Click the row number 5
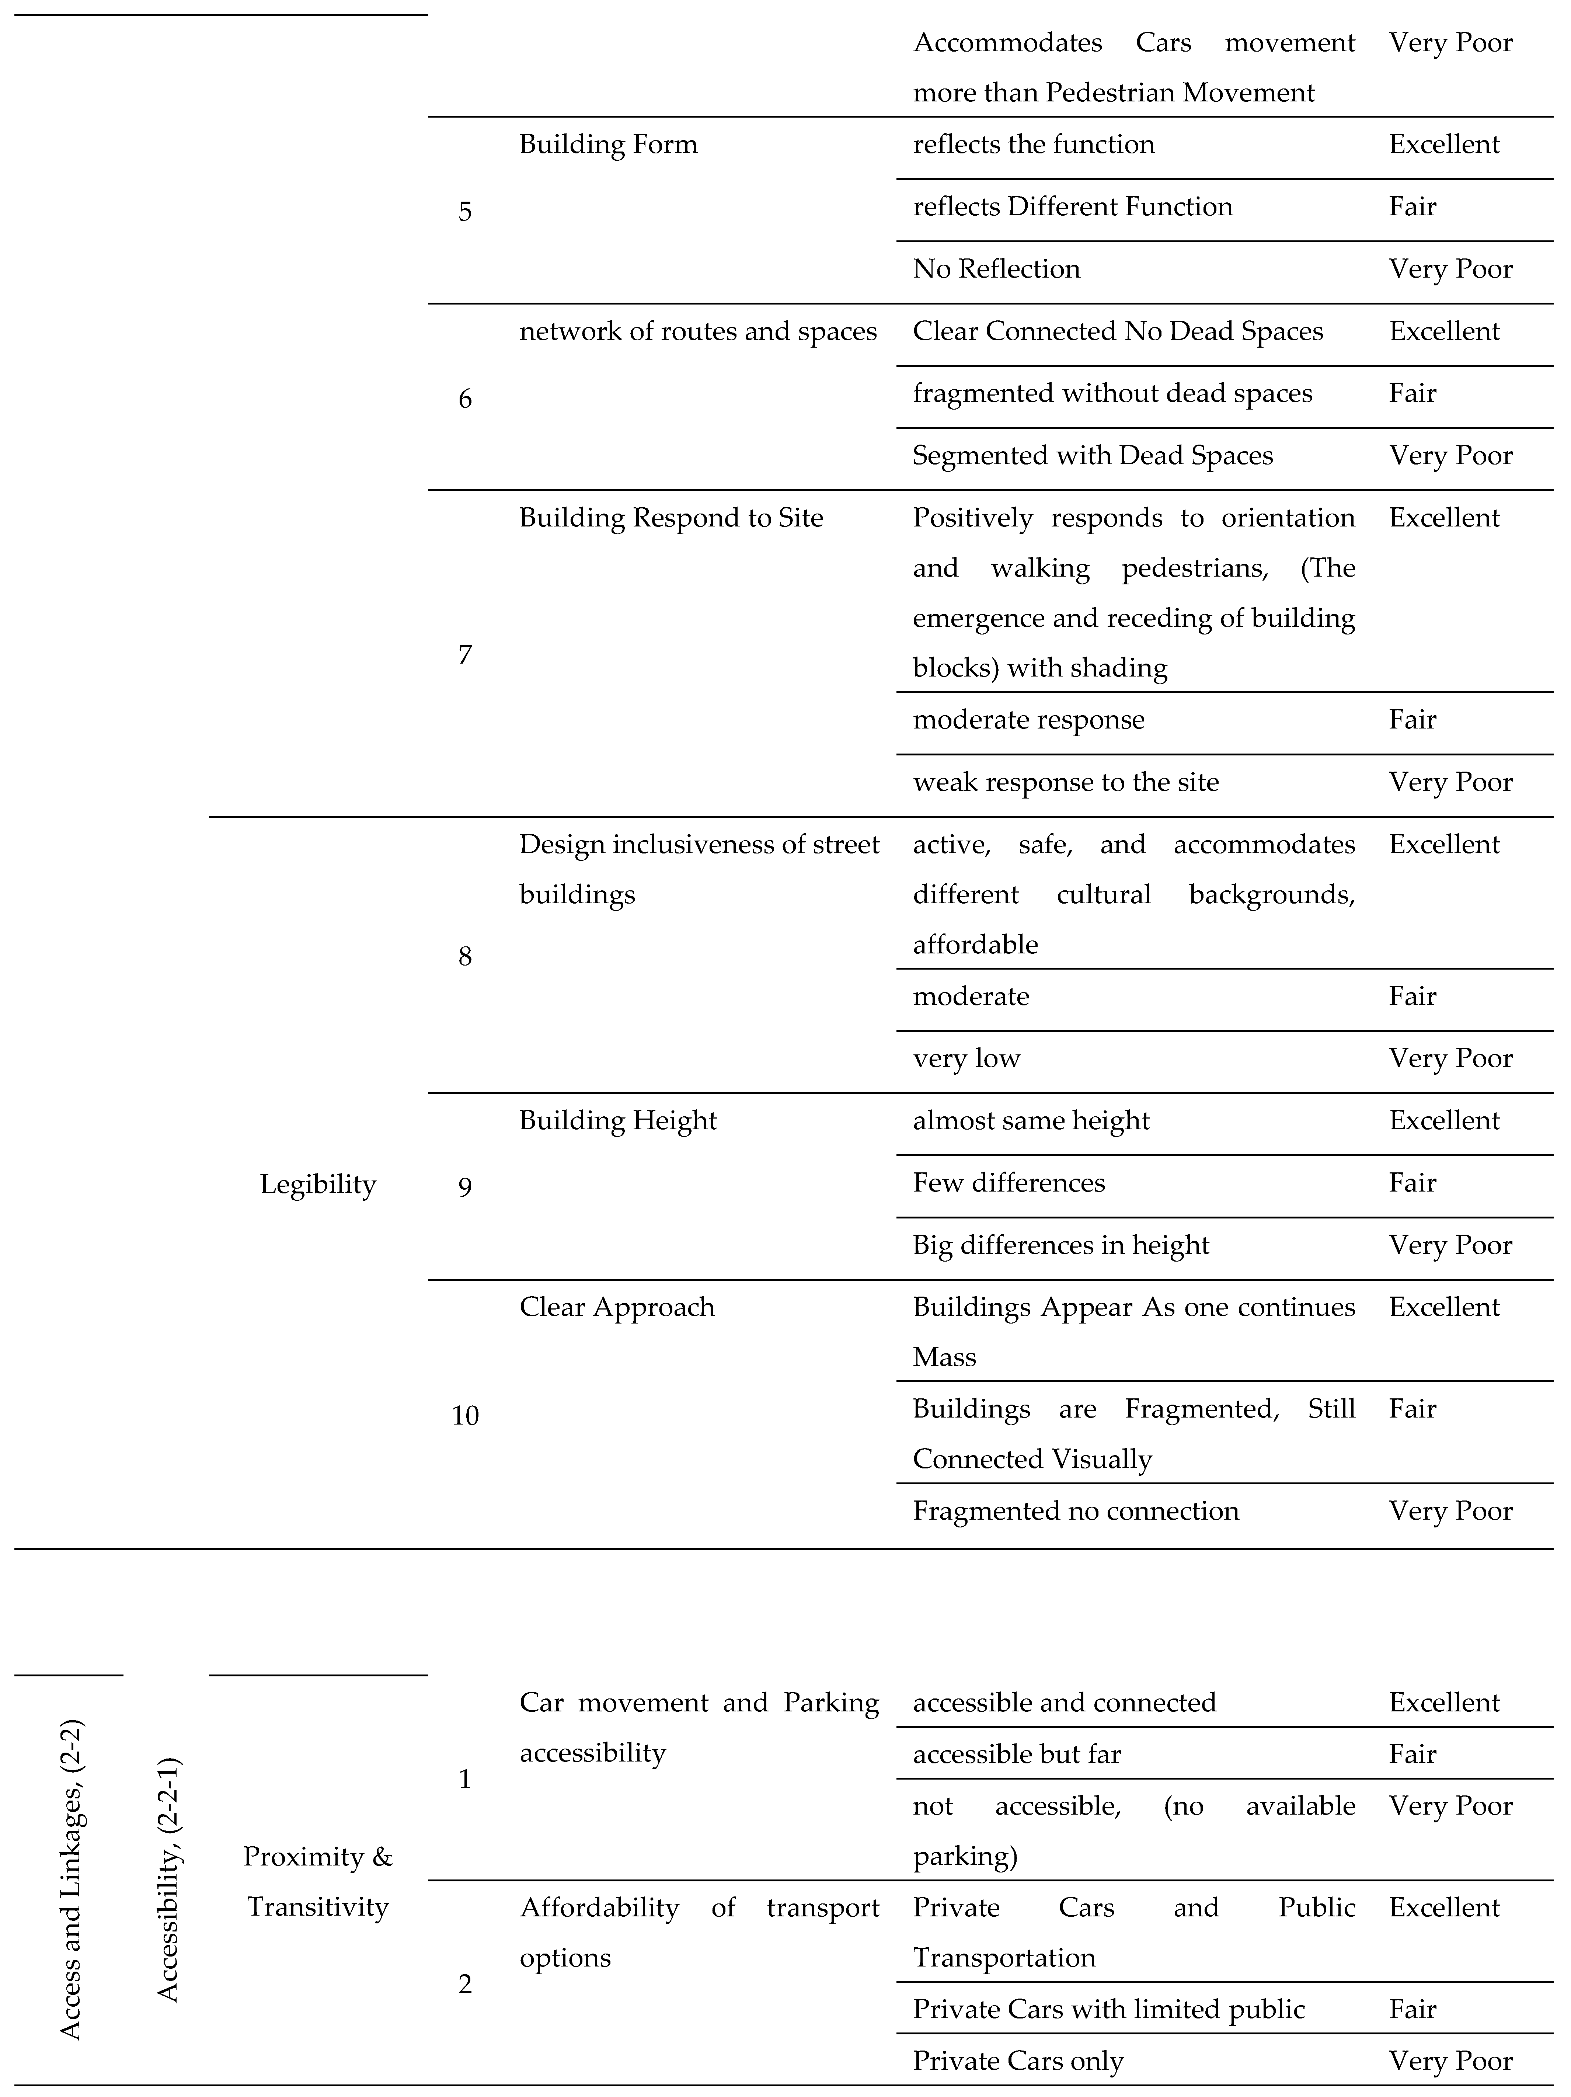pos(464,211)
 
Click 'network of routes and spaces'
pos(698,332)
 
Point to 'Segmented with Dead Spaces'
pos(1092,456)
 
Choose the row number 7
pos(464,654)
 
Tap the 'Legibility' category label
pos(318,1184)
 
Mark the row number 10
pos(464,1415)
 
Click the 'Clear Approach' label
pos(616,1307)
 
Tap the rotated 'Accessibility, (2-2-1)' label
pos(168,1879)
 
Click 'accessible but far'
pos(1016,1755)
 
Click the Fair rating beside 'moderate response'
pos(1412,720)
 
